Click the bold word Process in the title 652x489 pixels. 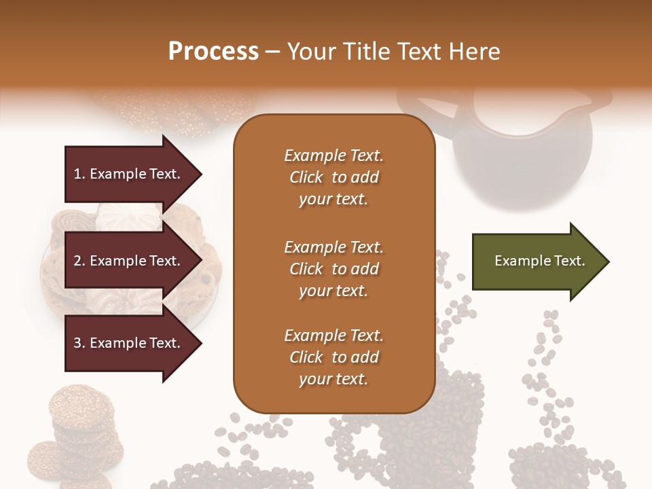click(213, 51)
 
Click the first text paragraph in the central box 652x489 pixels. click(333, 177)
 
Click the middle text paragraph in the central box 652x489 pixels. click(333, 268)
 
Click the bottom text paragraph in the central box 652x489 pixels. click(333, 357)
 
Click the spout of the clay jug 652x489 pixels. click(598, 102)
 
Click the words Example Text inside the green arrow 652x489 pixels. click(540, 261)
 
